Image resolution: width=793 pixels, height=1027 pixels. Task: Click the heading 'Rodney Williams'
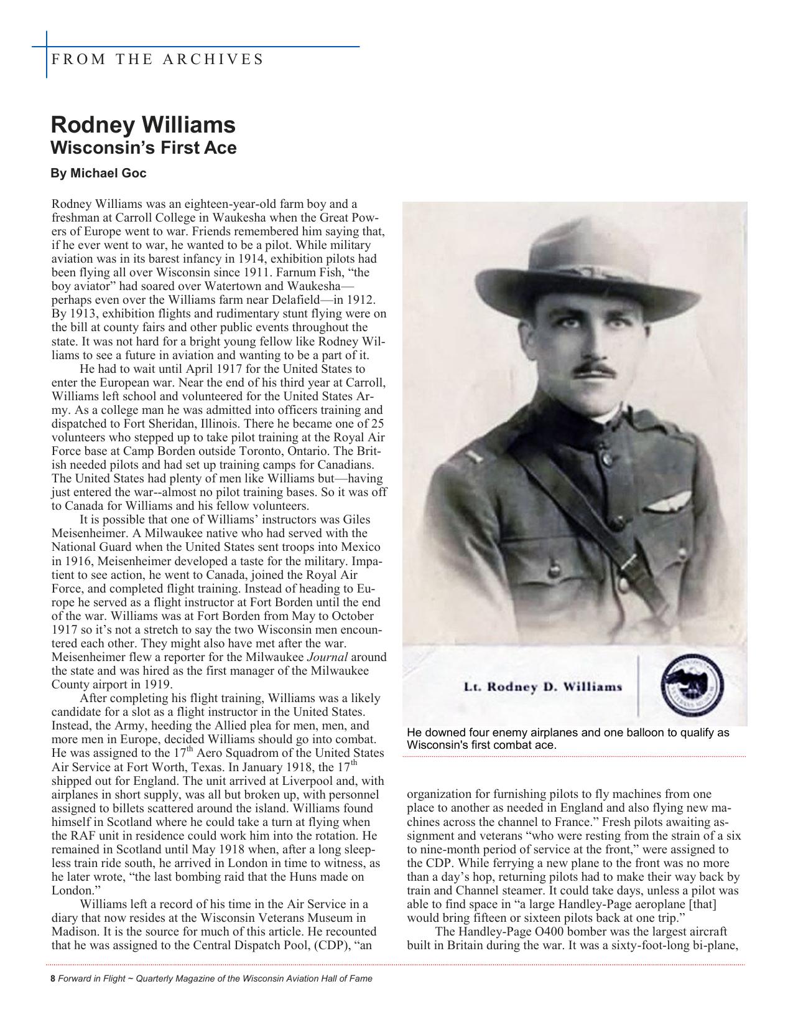(x=143, y=124)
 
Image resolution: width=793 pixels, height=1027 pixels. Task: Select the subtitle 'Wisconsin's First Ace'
(x=143, y=148)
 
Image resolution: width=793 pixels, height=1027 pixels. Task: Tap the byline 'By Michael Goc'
(x=98, y=173)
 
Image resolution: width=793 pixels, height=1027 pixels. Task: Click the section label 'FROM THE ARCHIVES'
(x=157, y=60)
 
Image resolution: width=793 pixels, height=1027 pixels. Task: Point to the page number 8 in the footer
(x=52, y=978)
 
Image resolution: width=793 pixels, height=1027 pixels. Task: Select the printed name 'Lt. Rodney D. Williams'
(x=543, y=687)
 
